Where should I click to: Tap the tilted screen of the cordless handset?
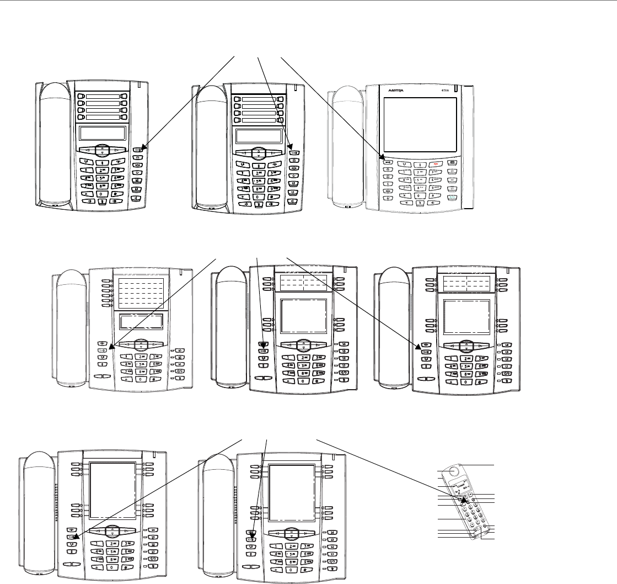460,489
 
